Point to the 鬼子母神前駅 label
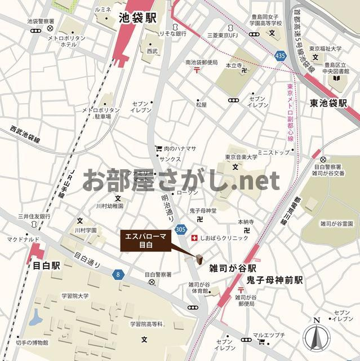pos(274,280)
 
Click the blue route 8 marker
pos(118,275)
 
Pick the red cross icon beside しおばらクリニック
pos(195,238)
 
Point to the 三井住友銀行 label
pos(34,216)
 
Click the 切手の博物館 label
pos(32,342)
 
